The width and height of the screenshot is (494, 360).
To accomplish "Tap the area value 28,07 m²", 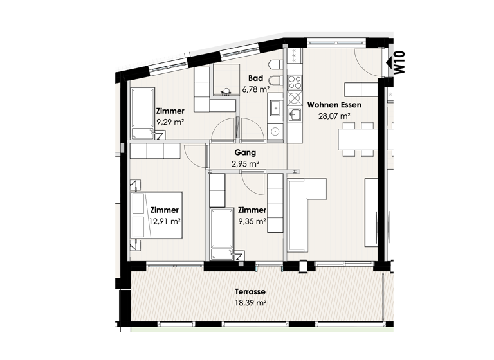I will (334, 116).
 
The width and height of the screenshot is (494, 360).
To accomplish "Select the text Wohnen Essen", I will (334, 104).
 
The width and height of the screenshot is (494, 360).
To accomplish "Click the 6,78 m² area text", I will (255, 89).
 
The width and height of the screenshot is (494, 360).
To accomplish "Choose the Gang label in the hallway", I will (245, 153).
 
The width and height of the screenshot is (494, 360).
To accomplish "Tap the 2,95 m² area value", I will (245, 165).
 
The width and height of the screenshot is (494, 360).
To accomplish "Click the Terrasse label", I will (250, 291).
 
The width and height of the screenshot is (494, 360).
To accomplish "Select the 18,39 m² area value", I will (250, 302).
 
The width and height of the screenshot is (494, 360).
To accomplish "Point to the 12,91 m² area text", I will (164, 221).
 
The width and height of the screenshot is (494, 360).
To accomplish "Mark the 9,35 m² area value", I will (252, 221).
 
